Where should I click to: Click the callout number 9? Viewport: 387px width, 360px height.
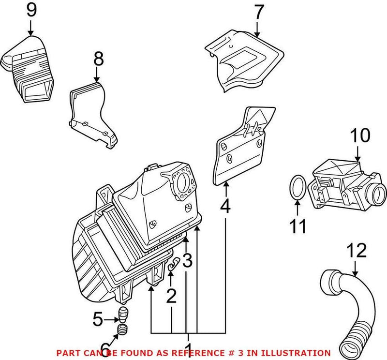click(x=31, y=10)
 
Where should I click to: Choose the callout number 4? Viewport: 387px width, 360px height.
click(x=225, y=207)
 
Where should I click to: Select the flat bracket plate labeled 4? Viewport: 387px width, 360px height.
click(x=239, y=148)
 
